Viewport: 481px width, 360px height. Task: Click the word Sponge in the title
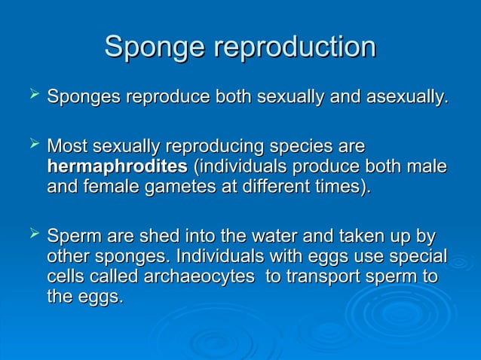pos(155,47)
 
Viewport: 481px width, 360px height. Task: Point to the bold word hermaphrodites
pos(117,165)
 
